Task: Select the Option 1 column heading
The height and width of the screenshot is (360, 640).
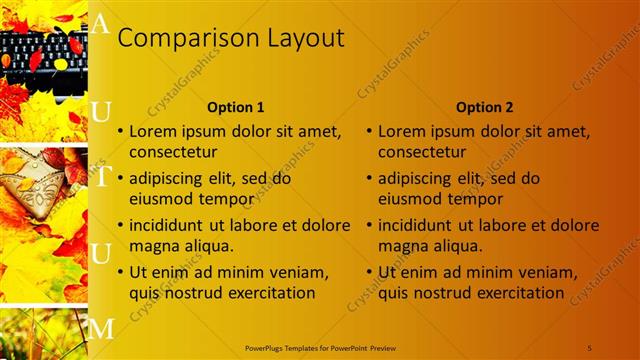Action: click(x=236, y=107)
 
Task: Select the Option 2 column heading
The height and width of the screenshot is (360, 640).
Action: click(x=486, y=107)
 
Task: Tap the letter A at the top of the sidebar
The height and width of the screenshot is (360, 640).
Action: click(x=99, y=25)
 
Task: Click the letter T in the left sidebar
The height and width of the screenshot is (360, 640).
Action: click(x=102, y=178)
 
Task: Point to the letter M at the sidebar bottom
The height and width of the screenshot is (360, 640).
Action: click(x=102, y=327)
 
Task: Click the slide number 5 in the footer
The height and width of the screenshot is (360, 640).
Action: click(x=590, y=347)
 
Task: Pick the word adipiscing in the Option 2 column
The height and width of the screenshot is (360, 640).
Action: click(x=416, y=178)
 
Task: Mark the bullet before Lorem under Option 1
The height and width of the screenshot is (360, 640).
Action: click(x=120, y=131)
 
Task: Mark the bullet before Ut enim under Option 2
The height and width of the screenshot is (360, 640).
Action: click(x=370, y=272)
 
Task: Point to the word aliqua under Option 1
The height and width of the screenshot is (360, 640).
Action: click(x=205, y=246)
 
